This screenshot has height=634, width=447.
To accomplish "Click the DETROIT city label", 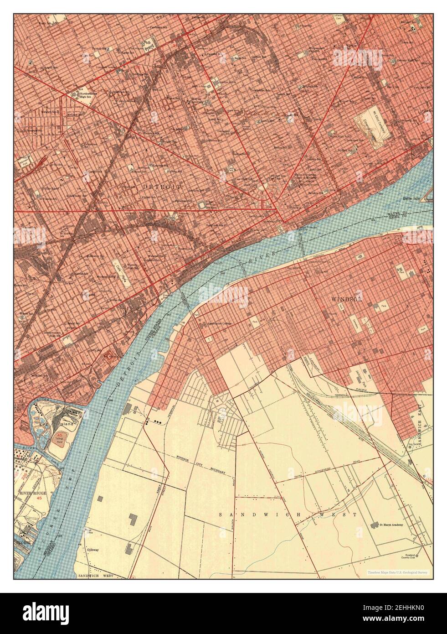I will click(x=162, y=187).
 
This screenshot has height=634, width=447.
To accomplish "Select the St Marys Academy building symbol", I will click(x=375, y=525).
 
